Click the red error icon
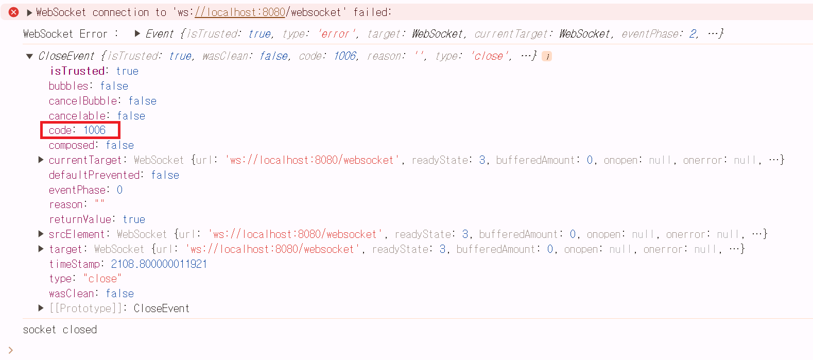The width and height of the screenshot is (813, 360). point(14,12)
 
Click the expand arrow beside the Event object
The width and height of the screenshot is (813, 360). point(137,33)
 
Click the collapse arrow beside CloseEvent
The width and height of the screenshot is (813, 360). point(29,56)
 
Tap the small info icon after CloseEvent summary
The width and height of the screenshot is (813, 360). point(547,56)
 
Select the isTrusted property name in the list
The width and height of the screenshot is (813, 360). point(78,71)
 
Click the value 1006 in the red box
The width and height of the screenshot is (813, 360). point(95,130)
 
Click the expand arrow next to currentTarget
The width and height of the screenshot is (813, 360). point(41,160)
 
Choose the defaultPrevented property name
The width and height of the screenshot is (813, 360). point(95,175)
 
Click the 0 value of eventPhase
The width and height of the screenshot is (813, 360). point(119,190)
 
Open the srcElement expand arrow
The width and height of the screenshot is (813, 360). point(41,234)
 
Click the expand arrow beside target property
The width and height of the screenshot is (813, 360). point(41,249)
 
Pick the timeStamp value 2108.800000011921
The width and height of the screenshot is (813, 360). point(159,264)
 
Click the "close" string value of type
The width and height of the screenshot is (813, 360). point(102,279)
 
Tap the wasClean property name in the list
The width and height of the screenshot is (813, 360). point(72,294)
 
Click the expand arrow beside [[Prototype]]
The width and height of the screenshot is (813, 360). point(41,308)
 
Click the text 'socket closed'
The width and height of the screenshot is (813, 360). point(60,330)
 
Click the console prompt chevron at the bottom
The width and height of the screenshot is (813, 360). point(11,350)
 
